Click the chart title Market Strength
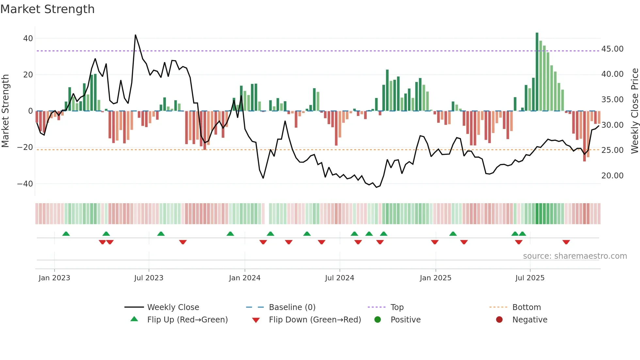coord(47,9)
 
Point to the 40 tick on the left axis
coord(28,39)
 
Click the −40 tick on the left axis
coord(25,184)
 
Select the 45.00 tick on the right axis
coord(612,49)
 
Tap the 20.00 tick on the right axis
coord(612,176)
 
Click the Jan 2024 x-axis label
coord(245,278)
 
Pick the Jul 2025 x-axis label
coord(530,278)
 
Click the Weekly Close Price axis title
coord(634,111)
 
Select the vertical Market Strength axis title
coord(5,111)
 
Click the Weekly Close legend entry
coord(173,307)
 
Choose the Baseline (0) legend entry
coord(292,307)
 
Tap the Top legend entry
coord(397,307)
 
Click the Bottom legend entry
coord(526,307)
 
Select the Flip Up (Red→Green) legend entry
coord(187,320)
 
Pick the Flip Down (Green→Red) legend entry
coord(315,320)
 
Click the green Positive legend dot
coord(378,320)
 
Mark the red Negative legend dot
coord(499,320)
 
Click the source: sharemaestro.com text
coord(575,256)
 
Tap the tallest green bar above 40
coord(537,72)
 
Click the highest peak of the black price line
coord(136,35)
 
